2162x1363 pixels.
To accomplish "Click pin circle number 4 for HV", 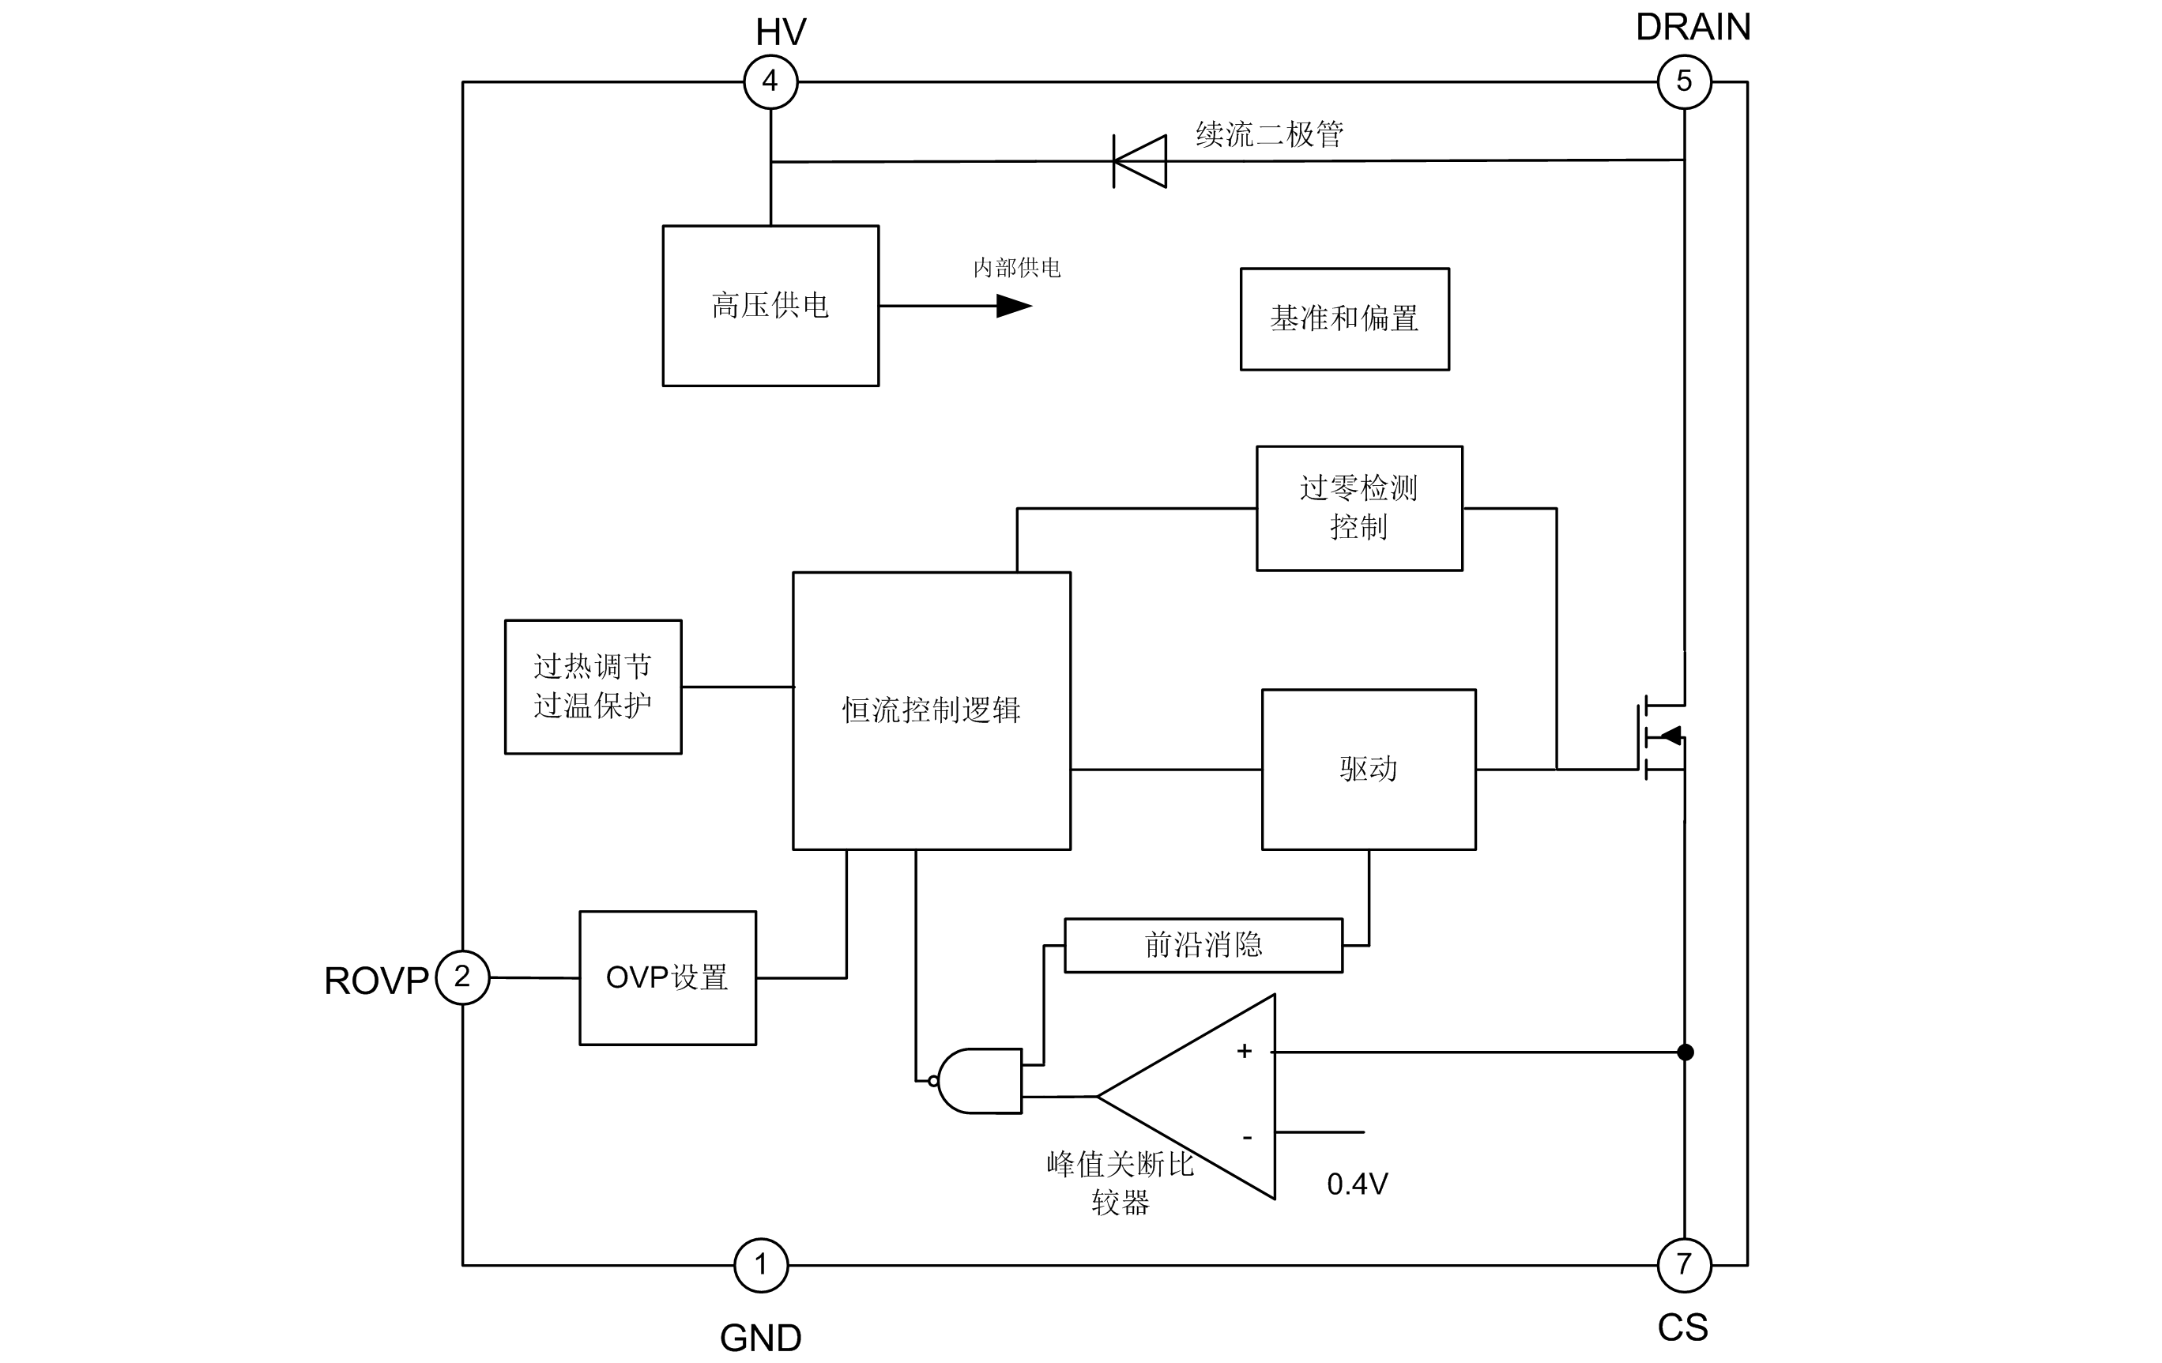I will pos(770,81).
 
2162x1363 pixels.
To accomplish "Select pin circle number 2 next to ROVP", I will pos(462,977).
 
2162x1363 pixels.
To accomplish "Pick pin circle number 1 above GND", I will pos(760,1264).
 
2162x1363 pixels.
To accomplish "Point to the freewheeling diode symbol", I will pos(1140,162).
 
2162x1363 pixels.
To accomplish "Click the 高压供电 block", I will pos(770,305).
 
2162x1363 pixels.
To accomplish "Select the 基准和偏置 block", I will pos(1344,318).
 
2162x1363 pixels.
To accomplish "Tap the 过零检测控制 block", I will pos(1358,508).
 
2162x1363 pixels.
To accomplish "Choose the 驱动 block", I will pos(1369,769).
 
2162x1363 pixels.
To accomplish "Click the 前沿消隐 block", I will pos(1203,944).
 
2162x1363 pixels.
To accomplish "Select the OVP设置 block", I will pos(667,978).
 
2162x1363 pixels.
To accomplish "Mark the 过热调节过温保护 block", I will pos(593,687).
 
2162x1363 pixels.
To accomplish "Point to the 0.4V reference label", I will pos(1357,1184).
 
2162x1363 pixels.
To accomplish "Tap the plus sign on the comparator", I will pos(1245,1052).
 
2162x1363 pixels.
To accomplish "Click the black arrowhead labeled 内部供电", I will pos(1014,307).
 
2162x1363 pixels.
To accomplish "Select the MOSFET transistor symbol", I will pos(1661,737).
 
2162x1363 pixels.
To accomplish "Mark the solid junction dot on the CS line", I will pos(1686,1052).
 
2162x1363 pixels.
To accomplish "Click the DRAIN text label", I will pos(1693,28).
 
